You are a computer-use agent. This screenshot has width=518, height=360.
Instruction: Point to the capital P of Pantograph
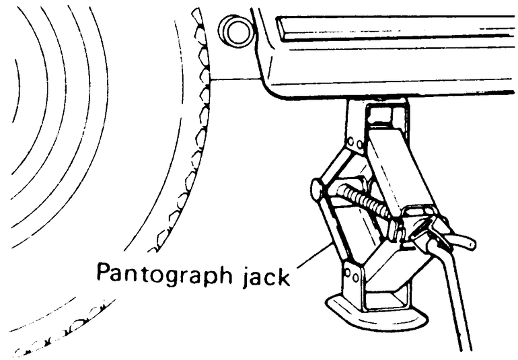105,272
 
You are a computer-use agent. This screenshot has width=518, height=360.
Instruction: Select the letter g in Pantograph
185,277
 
